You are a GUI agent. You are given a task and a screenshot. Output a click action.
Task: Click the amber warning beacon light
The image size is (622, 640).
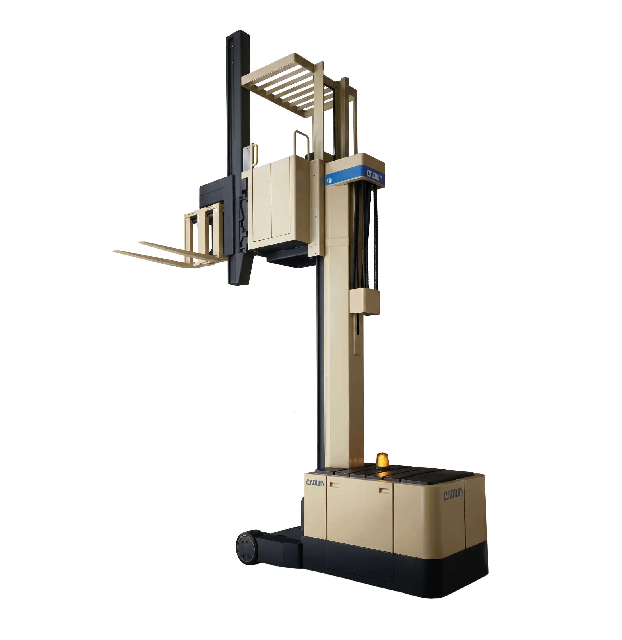pos(382,461)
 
